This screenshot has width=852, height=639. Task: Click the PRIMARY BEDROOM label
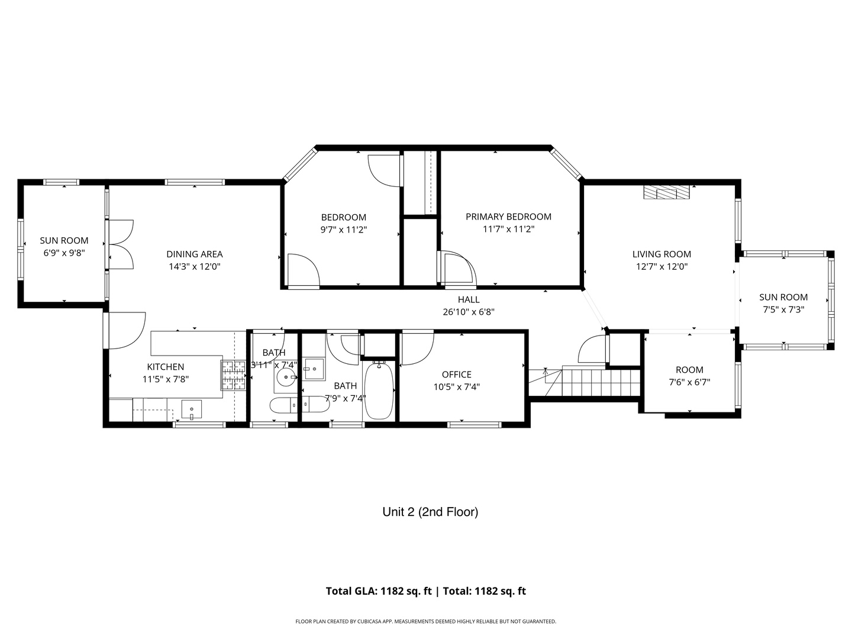[508, 217]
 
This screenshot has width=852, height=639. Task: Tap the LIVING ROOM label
[661, 254]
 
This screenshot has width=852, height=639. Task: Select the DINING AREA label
[195, 254]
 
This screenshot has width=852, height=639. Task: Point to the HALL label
[469, 299]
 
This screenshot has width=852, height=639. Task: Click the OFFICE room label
[456, 375]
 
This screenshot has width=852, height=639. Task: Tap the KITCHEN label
[165, 367]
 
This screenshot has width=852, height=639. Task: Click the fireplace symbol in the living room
[667, 192]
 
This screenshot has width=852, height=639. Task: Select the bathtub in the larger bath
[379, 390]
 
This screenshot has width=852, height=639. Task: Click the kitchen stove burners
[234, 375]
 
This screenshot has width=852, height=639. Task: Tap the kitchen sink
[192, 409]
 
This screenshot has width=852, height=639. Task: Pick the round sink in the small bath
[286, 376]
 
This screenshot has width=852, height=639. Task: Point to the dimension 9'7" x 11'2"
[344, 230]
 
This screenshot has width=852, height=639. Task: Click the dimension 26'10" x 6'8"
[469, 312]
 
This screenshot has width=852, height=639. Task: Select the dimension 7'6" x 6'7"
[689, 382]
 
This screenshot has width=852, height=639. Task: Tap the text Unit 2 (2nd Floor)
[430, 512]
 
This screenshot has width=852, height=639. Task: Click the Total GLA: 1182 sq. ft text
[379, 591]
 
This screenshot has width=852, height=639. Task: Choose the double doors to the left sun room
[121, 244]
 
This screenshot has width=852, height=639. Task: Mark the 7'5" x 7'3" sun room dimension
[783, 309]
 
